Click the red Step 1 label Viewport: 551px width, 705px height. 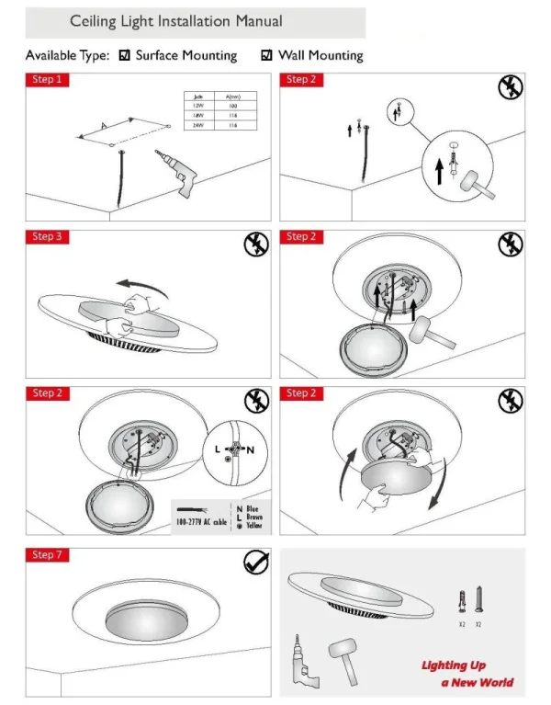click(46, 80)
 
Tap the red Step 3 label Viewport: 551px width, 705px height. click(46, 237)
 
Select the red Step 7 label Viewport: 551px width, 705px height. click(46, 555)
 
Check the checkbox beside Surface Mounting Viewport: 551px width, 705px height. click(126, 56)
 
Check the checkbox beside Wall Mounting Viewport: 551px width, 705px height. click(267, 56)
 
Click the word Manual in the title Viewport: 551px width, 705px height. click(252, 21)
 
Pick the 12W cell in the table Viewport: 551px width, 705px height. click(197, 106)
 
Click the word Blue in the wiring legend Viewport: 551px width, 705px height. click(253, 508)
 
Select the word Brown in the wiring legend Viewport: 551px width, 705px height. click(254, 517)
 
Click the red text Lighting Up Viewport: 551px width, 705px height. click(454, 665)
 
